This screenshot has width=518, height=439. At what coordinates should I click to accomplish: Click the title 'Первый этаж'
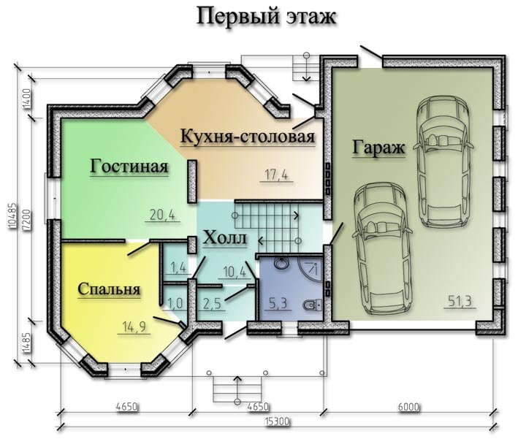(x=266, y=17)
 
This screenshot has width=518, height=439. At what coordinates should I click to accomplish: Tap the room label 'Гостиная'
(x=129, y=166)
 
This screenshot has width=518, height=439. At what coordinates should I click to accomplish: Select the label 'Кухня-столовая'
(x=248, y=136)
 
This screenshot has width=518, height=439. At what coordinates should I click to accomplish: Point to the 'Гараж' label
(x=378, y=148)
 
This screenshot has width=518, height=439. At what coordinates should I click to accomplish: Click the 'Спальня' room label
(x=109, y=289)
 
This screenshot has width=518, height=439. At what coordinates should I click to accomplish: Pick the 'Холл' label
(x=224, y=237)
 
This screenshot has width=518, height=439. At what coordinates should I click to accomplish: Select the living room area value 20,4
(x=162, y=215)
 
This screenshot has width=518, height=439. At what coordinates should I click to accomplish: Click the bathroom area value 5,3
(x=278, y=303)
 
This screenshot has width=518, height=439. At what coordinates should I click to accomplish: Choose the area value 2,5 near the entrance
(x=212, y=304)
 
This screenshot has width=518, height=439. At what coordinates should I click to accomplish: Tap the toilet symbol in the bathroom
(x=313, y=305)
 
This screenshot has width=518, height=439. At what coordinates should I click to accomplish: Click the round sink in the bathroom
(x=281, y=264)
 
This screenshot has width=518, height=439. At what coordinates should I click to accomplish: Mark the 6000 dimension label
(x=408, y=406)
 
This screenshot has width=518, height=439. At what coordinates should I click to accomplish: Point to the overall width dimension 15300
(x=277, y=421)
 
